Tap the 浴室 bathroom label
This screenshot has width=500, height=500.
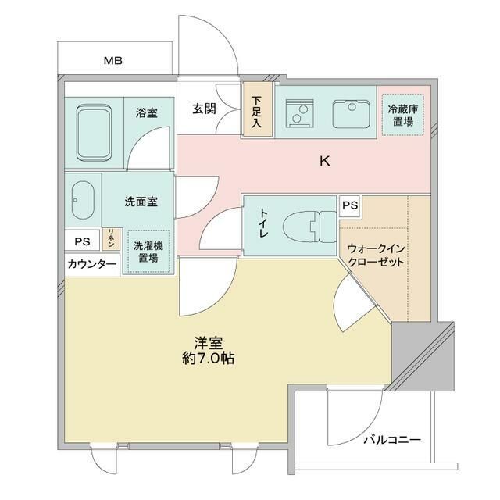click(x=146, y=112)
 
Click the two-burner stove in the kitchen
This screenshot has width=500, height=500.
click(x=296, y=116)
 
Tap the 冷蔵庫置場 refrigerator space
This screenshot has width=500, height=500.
click(x=404, y=116)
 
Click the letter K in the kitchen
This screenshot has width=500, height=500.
click(x=323, y=162)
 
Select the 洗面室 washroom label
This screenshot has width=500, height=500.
click(x=141, y=201)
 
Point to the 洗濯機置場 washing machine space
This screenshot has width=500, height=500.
click(x=148, y=251)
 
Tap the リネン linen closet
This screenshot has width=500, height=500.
click(x=111, y=239)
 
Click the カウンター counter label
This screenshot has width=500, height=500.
click(x=91, y=265)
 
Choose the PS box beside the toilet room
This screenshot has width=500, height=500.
click(x=350, y=205)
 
